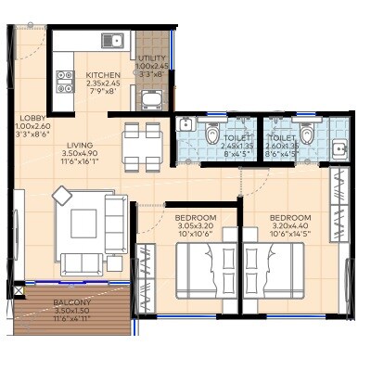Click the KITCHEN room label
pos(103,76)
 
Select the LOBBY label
pos(32,119)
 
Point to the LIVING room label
pos(81,145)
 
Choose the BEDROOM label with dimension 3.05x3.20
pos(195,218)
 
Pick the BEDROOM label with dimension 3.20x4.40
pos(291,218)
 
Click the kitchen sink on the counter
pos(112,40)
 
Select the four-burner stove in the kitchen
pos(64,82)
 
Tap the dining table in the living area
pos(144,147)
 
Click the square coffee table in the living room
pos(83,223)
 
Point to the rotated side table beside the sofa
pos(62,195)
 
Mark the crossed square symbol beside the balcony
pos(18,290)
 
